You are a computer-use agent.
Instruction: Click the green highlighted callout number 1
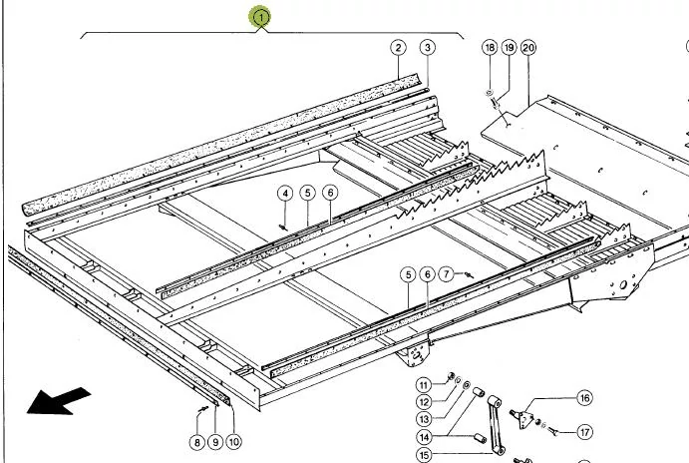[x=260, y=17]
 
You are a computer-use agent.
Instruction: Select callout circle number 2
[x=398, y=47]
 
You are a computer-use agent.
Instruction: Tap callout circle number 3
[x=427, y=47]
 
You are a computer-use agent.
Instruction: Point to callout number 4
[x=285, y=193]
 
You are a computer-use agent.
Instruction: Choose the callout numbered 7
[x=446, y=272]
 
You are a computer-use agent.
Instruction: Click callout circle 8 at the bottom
[x=197, y=441]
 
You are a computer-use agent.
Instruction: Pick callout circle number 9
[x=215, y=441]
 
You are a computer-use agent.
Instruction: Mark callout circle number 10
[x=234, y=441]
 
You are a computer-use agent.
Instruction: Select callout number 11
[x=423, y=384]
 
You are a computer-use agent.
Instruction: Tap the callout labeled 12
[x=423, y=402]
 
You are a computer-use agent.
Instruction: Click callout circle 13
[x=423, y=419]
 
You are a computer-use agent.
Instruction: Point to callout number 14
[x=423, y=437]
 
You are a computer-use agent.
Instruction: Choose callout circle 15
[x=423, y=455]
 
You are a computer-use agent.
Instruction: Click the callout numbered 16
[x=584, y=398]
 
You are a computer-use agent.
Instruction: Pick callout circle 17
[x=584, y=433]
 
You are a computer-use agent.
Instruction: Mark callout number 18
[x=490, y=47]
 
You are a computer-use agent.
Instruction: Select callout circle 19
[x=509, y=47]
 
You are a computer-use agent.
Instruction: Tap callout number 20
[x=527, y=47]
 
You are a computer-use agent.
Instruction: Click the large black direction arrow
[x=58, y=400]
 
